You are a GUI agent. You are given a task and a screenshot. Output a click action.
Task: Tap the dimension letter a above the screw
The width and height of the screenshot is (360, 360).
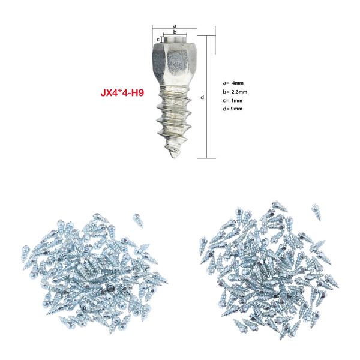174,26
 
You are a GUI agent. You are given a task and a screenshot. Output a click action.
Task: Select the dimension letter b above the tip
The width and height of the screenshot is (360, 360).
174,33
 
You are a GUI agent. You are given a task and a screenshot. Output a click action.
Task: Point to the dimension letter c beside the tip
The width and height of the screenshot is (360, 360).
158,40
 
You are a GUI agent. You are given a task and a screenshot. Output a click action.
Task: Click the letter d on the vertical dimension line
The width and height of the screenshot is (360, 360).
203,96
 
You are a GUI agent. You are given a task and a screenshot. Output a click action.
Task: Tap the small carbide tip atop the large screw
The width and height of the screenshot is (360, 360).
174,40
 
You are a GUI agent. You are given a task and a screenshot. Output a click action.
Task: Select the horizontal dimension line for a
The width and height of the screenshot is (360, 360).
174,30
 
